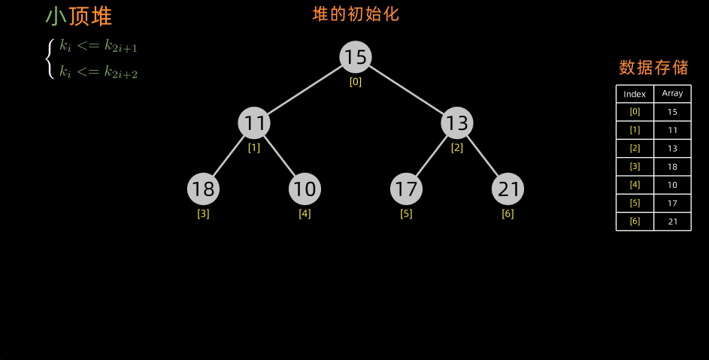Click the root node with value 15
pos(356,57)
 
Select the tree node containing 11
pos(254,123)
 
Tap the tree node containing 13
pos(457,123)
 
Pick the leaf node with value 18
pos(203,189)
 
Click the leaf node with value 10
pos(305,189)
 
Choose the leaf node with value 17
pos(406,189)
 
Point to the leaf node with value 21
pos(508,189)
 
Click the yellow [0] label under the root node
pos(356,82)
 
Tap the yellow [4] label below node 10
pos(305,213)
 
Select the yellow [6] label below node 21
pos(508,213)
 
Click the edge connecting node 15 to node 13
pos(406,89)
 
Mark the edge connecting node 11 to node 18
pos(229,156)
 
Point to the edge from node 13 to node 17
pos(432,156)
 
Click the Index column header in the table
pos(635,94)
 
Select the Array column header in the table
pos(672,94)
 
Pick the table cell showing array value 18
pos(672,167)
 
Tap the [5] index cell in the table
pos(635,203)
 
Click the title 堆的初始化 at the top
pos(356,14)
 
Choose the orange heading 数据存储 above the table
pos(653,68)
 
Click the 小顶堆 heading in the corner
pos(78,17)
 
